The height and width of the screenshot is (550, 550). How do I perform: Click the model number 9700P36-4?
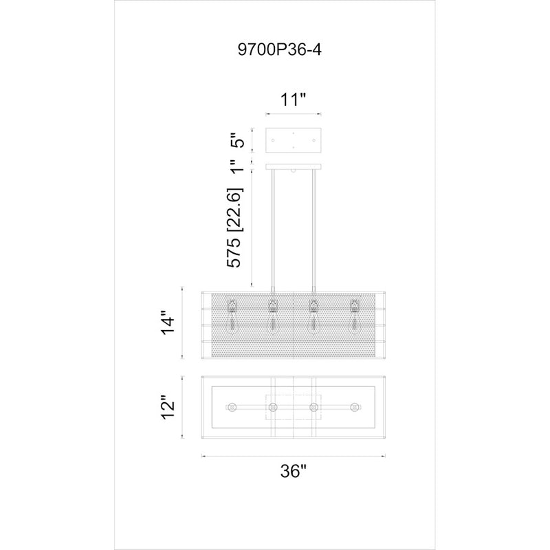click(x=279, y=49)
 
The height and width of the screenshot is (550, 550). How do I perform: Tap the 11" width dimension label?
click(x=294, y=100)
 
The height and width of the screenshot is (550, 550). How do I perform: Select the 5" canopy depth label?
click(x=236, y=140)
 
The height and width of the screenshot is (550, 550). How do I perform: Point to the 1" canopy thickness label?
click(x=236, y=166)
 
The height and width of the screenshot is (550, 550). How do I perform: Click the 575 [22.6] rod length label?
click(x=234, y=228)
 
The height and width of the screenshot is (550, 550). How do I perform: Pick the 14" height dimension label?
click(x=168, y=322)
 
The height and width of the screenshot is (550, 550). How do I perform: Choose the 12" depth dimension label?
click(x=168, y=408)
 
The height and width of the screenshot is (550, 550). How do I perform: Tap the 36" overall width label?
click(x=294, y=471)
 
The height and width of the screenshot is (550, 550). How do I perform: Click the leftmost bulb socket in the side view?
click(x=232, y=307)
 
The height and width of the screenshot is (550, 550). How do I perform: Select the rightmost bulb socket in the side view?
click(x=355, y=307)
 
